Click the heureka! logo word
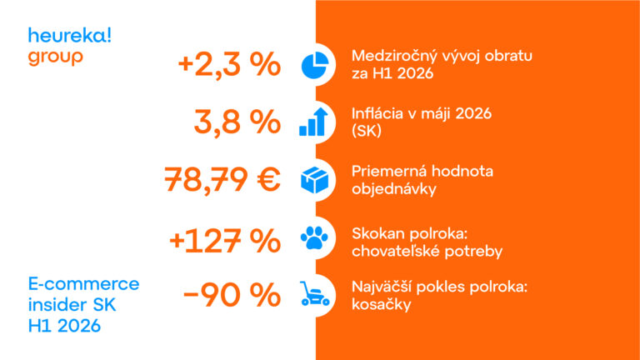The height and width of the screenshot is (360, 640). (69, 36)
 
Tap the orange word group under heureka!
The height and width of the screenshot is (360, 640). (56, 57)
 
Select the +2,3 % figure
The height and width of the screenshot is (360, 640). (229, 65)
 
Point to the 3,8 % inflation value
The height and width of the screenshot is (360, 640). (237, 122)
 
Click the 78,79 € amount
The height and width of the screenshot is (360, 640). (222, 180)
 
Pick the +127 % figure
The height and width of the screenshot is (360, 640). (225, 240)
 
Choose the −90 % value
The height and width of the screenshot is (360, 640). (232, 294)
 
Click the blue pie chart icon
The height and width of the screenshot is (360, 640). (315, 65)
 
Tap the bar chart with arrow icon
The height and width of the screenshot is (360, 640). (314, 122)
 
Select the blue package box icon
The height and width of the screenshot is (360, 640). (315, 180)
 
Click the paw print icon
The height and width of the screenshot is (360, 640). (314, 237)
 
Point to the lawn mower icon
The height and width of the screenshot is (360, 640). (314, 293)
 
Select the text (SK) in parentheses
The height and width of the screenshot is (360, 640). (367, 131)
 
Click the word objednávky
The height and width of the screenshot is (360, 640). (394, 189)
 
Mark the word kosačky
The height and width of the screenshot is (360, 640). (381, 304)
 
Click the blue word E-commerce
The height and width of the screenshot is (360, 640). (83, 283)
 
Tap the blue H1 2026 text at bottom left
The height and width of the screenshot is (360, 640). (64, 326)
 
